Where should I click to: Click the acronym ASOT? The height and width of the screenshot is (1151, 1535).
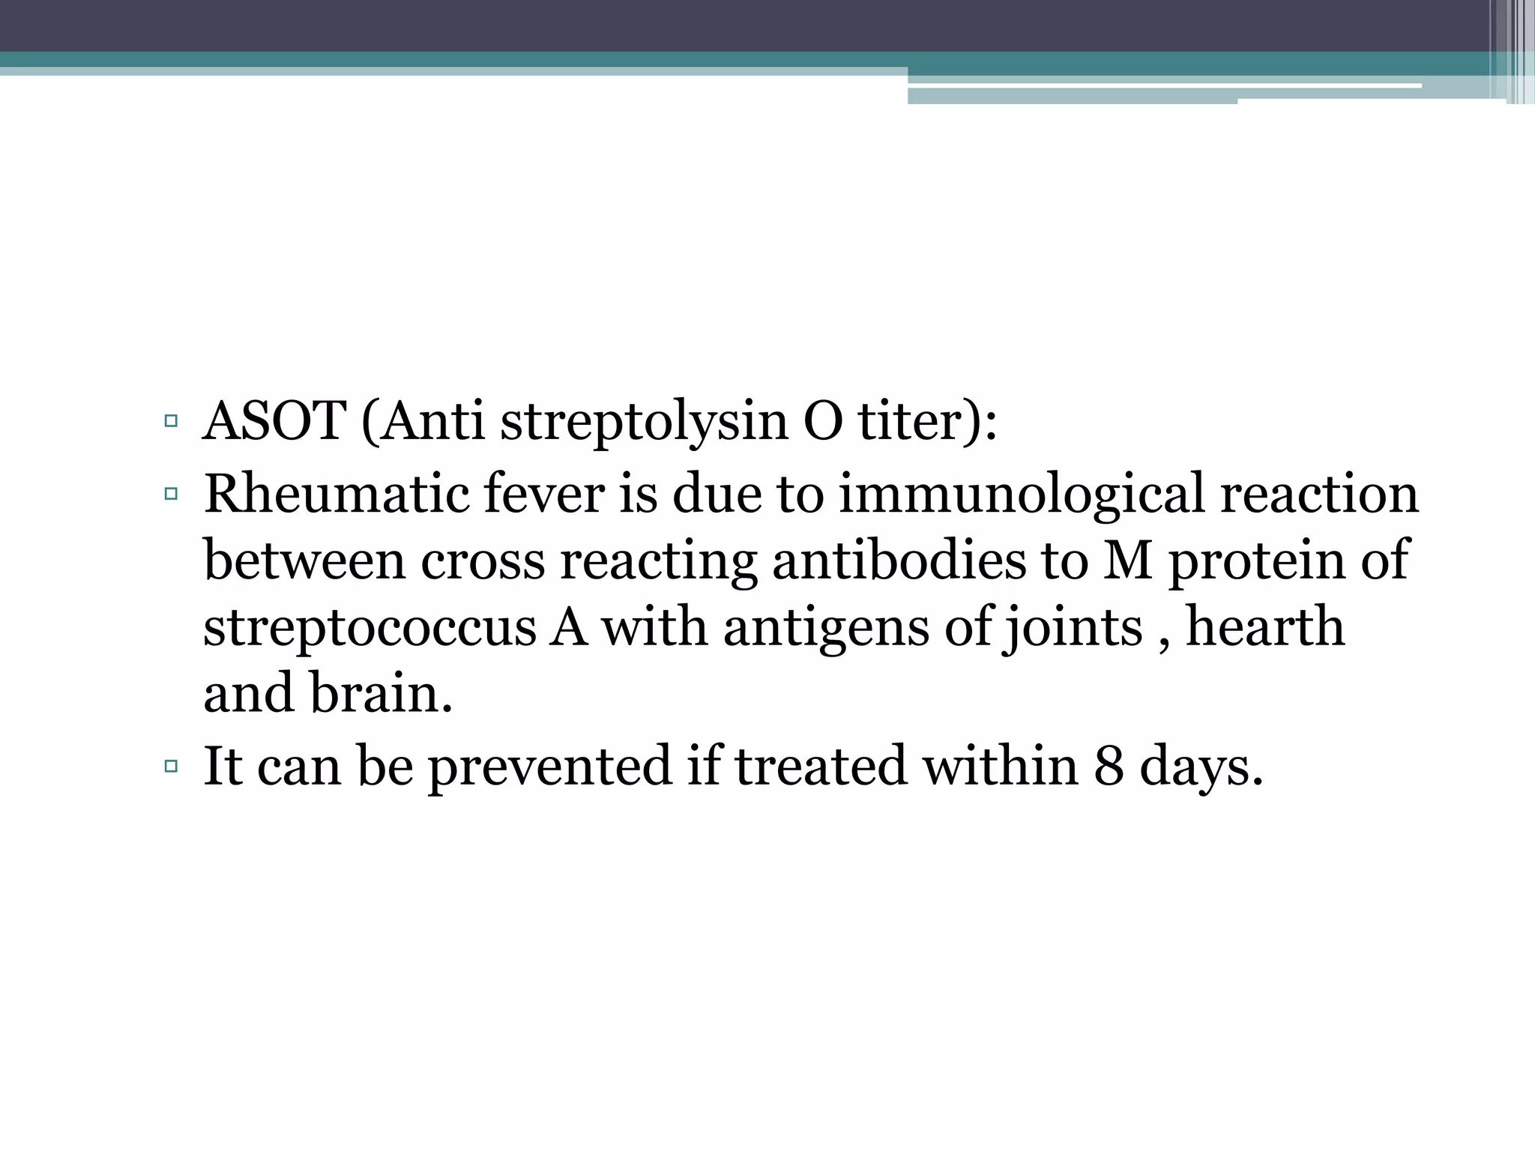[274, 421]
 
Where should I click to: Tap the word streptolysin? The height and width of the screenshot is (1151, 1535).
[644, 423]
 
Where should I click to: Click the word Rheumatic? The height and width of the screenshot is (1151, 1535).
[336, 495]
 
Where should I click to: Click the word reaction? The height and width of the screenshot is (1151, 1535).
[1319, 495]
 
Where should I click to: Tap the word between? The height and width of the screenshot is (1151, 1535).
[304, 561]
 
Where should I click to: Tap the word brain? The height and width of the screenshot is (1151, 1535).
[381, 694]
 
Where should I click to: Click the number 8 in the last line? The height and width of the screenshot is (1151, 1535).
[1109, 766]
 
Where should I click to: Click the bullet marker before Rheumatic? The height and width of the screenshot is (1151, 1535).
[171, 494]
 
